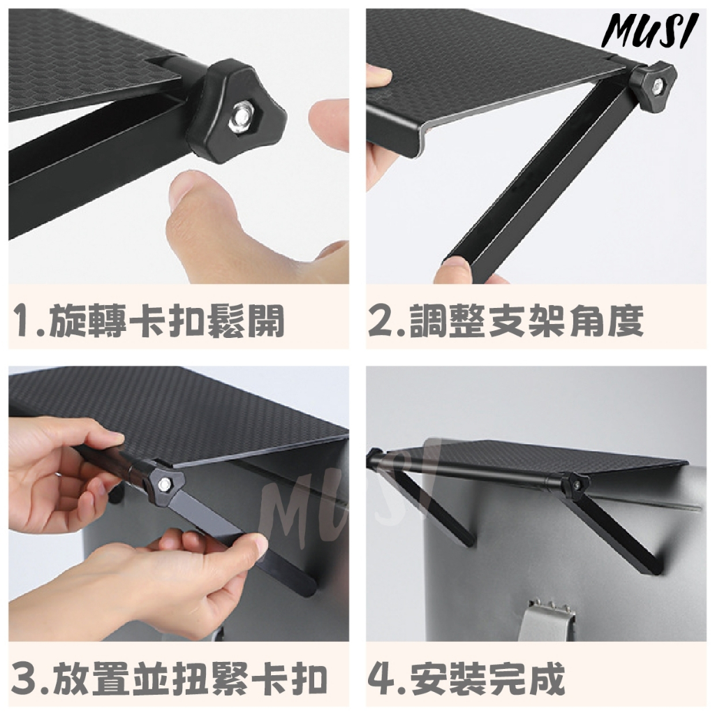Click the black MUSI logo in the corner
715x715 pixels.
click(x=649, y=30)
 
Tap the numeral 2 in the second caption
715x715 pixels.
click(x=381, y=320)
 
